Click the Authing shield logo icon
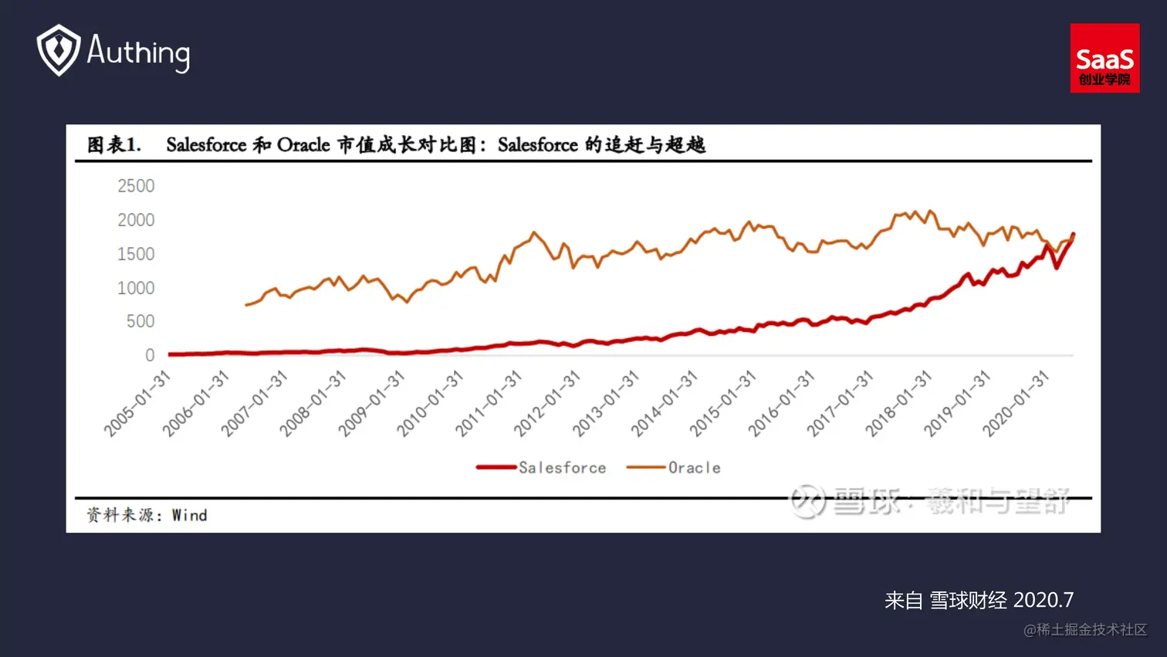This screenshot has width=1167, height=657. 59,50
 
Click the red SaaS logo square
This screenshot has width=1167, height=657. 1104,58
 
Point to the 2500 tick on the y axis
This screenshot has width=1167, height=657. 136,186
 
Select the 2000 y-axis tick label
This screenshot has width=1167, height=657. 136,220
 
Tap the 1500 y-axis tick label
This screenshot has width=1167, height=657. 136,254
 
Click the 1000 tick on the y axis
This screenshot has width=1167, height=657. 136,288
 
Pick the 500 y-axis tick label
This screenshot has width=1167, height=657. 140,321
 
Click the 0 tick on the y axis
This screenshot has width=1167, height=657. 150,355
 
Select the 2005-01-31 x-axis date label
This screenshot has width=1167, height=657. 137,403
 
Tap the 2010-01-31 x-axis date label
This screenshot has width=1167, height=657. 430,403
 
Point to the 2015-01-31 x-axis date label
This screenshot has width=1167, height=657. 722,403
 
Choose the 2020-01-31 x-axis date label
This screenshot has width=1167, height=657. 1016,403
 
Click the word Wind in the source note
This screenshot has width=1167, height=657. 189,516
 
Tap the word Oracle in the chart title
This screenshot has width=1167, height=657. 303,145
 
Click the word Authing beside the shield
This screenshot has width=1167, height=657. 138,52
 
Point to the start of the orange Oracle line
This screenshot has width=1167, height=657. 246,305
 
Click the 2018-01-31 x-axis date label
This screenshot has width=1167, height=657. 898,403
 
